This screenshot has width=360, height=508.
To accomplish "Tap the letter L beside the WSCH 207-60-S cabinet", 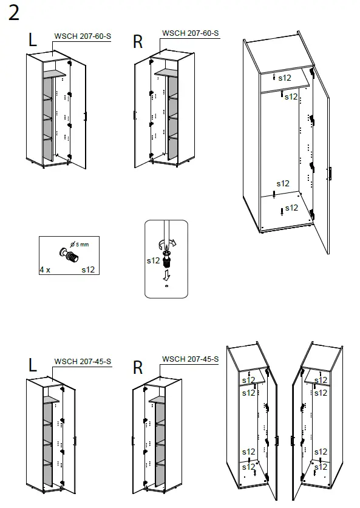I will pyautogui.click(x=32, y=40).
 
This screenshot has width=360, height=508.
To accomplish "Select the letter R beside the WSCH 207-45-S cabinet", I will pyautogui.click(x=138, y=368).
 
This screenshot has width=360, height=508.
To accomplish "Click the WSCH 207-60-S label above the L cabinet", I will pyautogui.click(x=83, y=36).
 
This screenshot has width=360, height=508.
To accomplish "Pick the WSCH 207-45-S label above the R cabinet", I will pyautogui.click(x=190, y=359).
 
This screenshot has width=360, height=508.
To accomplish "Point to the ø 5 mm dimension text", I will pyautogui.click(x=80, y=244).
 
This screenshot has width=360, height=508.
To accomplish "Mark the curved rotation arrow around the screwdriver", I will pyautogui.click(x=166, y=245).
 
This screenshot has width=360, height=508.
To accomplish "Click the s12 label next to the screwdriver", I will pyautogui.click(x=153, y=260).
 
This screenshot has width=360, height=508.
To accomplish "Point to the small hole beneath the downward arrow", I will pyautogui.click(x=166, y=285).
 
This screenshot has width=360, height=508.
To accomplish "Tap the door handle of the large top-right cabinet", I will pyautogui.click(x=331, y=174).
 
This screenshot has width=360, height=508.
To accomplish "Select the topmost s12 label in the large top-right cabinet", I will pyautogui.click(x=285, y=78).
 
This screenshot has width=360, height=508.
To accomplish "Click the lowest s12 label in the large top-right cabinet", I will pyautogui.click(x=291, y=208).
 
